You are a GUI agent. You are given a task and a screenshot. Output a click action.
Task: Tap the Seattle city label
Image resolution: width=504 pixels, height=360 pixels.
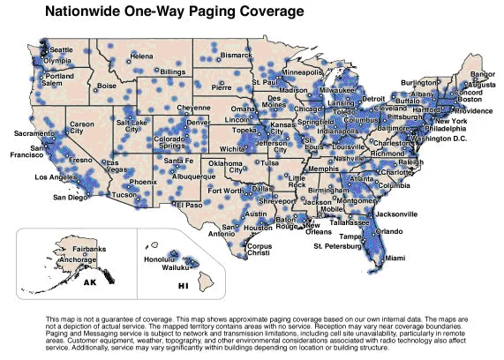pos(61,50)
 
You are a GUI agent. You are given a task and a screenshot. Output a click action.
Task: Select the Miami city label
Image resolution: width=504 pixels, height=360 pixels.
pos(395,258)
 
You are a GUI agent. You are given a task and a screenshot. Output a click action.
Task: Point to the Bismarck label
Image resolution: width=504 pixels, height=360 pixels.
pos(236,55)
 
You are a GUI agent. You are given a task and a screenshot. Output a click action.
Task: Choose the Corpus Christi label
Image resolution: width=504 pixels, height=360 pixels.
pos(252,248)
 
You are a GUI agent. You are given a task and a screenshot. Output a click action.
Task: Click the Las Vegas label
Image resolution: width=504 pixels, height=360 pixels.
pos(112,167)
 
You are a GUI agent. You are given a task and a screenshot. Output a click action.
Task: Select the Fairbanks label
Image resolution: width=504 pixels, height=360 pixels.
pos(88,251)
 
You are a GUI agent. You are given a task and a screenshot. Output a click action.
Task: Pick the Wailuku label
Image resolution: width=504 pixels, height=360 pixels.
pos(180,266)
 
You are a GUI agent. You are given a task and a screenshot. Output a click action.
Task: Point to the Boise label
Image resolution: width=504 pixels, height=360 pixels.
pos(107,86)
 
